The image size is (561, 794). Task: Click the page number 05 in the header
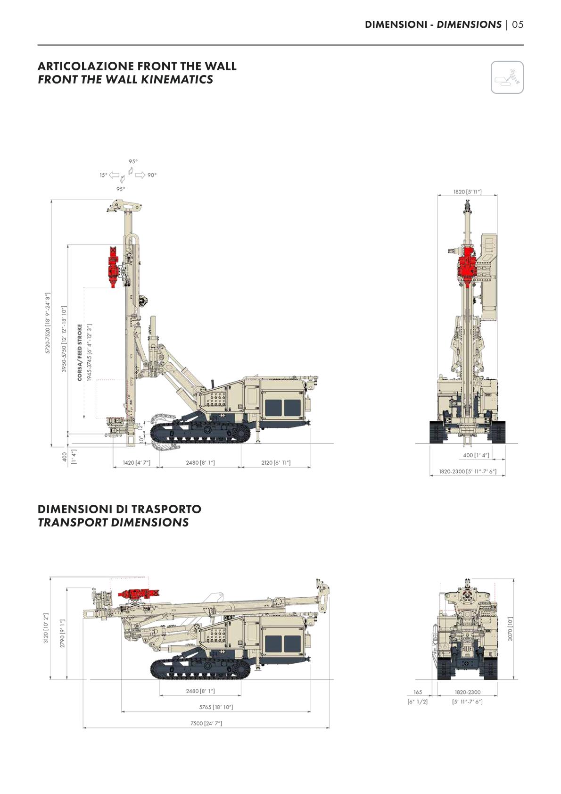(518, 25)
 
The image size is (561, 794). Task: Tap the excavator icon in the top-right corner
(507, 77)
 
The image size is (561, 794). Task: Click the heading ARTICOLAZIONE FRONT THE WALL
(137, 66)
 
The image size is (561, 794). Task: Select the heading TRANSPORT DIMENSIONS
(113, 522)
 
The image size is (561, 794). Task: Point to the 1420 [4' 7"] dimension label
(136, 463)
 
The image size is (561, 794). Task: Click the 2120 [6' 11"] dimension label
(276, 463)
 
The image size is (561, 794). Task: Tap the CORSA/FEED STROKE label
(80, 352)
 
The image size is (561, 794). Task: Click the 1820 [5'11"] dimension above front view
(467, 192)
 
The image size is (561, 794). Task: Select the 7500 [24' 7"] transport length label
(206, 723)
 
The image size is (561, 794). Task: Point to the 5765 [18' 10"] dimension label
(216, 707)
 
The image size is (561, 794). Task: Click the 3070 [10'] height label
(510, 628)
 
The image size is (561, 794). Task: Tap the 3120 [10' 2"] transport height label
(46, 628)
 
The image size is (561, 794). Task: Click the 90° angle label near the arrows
(152, 175)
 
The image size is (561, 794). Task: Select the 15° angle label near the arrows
(103, 175)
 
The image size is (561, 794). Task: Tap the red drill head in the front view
(467, 267)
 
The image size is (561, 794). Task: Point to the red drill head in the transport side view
(139, 593)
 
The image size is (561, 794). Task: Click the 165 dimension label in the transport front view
(418, 692)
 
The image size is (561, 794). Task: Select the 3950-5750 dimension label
(64, 339)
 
